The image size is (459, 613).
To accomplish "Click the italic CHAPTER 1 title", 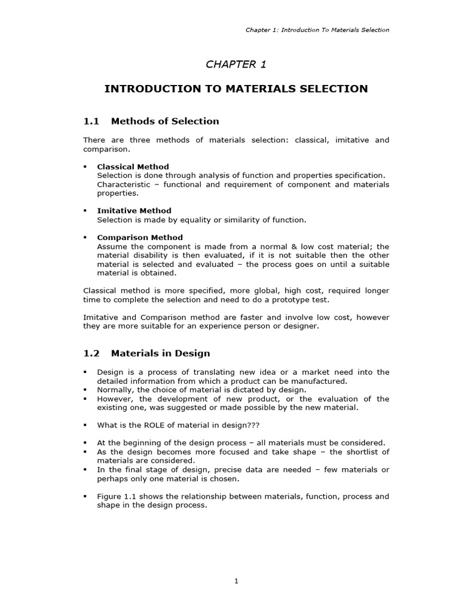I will click(x=236, y=65).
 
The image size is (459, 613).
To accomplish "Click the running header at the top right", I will click(x=317, y=30).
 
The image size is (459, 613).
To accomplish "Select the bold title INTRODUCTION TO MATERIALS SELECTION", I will click(x=236, y=89).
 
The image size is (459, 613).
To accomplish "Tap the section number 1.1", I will click(x=90, y=122).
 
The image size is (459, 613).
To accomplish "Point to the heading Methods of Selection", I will click(x=165, y=122).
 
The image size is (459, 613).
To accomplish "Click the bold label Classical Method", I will click(x=133, y=166).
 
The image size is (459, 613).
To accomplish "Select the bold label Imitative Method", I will click(x=134, y=211).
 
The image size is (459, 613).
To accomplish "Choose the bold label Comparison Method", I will click(x=140, y=238).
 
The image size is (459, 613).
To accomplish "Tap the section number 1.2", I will click(x=90, y=354).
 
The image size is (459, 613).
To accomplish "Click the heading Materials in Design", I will click(x=160, y=354).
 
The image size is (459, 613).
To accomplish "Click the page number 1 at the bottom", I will click(x=236, y=581).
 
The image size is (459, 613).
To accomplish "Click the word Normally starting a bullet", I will click(x=116, y=390).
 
